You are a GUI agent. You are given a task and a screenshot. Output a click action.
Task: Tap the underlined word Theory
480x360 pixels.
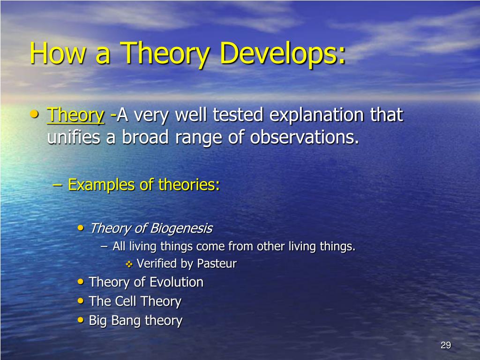[75, 115]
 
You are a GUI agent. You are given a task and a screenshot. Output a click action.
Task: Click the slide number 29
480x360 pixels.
[446, 345]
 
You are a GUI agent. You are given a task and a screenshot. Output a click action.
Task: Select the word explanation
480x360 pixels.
[317, 115]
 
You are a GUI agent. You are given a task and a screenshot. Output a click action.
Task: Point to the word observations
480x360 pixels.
[304, 137]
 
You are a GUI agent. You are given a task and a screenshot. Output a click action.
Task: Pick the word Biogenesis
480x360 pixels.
[181, 228]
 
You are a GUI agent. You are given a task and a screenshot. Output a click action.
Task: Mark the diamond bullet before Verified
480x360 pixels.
[129, 264]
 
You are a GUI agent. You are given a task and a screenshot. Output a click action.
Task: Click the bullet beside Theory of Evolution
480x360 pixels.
[81, 282]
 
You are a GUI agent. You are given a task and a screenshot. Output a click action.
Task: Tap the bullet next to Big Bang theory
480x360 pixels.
[81, 320]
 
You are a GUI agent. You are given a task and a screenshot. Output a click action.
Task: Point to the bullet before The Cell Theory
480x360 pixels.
[81, 301]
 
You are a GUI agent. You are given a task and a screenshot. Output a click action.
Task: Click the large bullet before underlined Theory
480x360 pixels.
[35, 114]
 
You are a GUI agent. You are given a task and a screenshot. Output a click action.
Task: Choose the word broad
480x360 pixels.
[145, 137]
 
